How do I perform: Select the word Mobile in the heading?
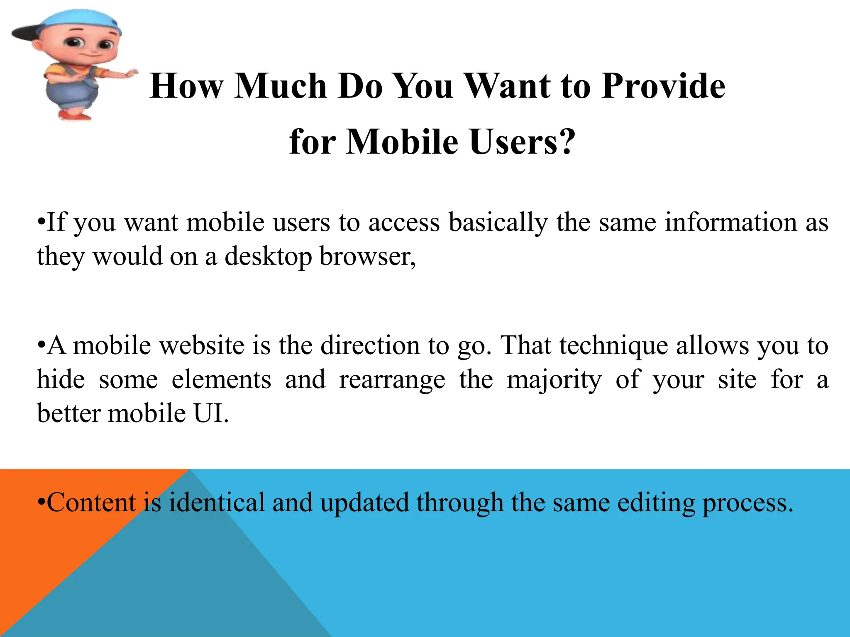click(402, 142)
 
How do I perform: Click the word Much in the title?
click(281, 86)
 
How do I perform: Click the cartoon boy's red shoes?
click(75, 114)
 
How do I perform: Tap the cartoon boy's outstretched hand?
click(131, 74)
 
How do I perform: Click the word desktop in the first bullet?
click(268, 256)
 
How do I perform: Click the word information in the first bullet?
click(730, 222)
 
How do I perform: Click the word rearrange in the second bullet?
click(392, 379)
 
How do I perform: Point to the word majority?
click(554, 379)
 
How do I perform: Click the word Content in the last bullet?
click(91, 503)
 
